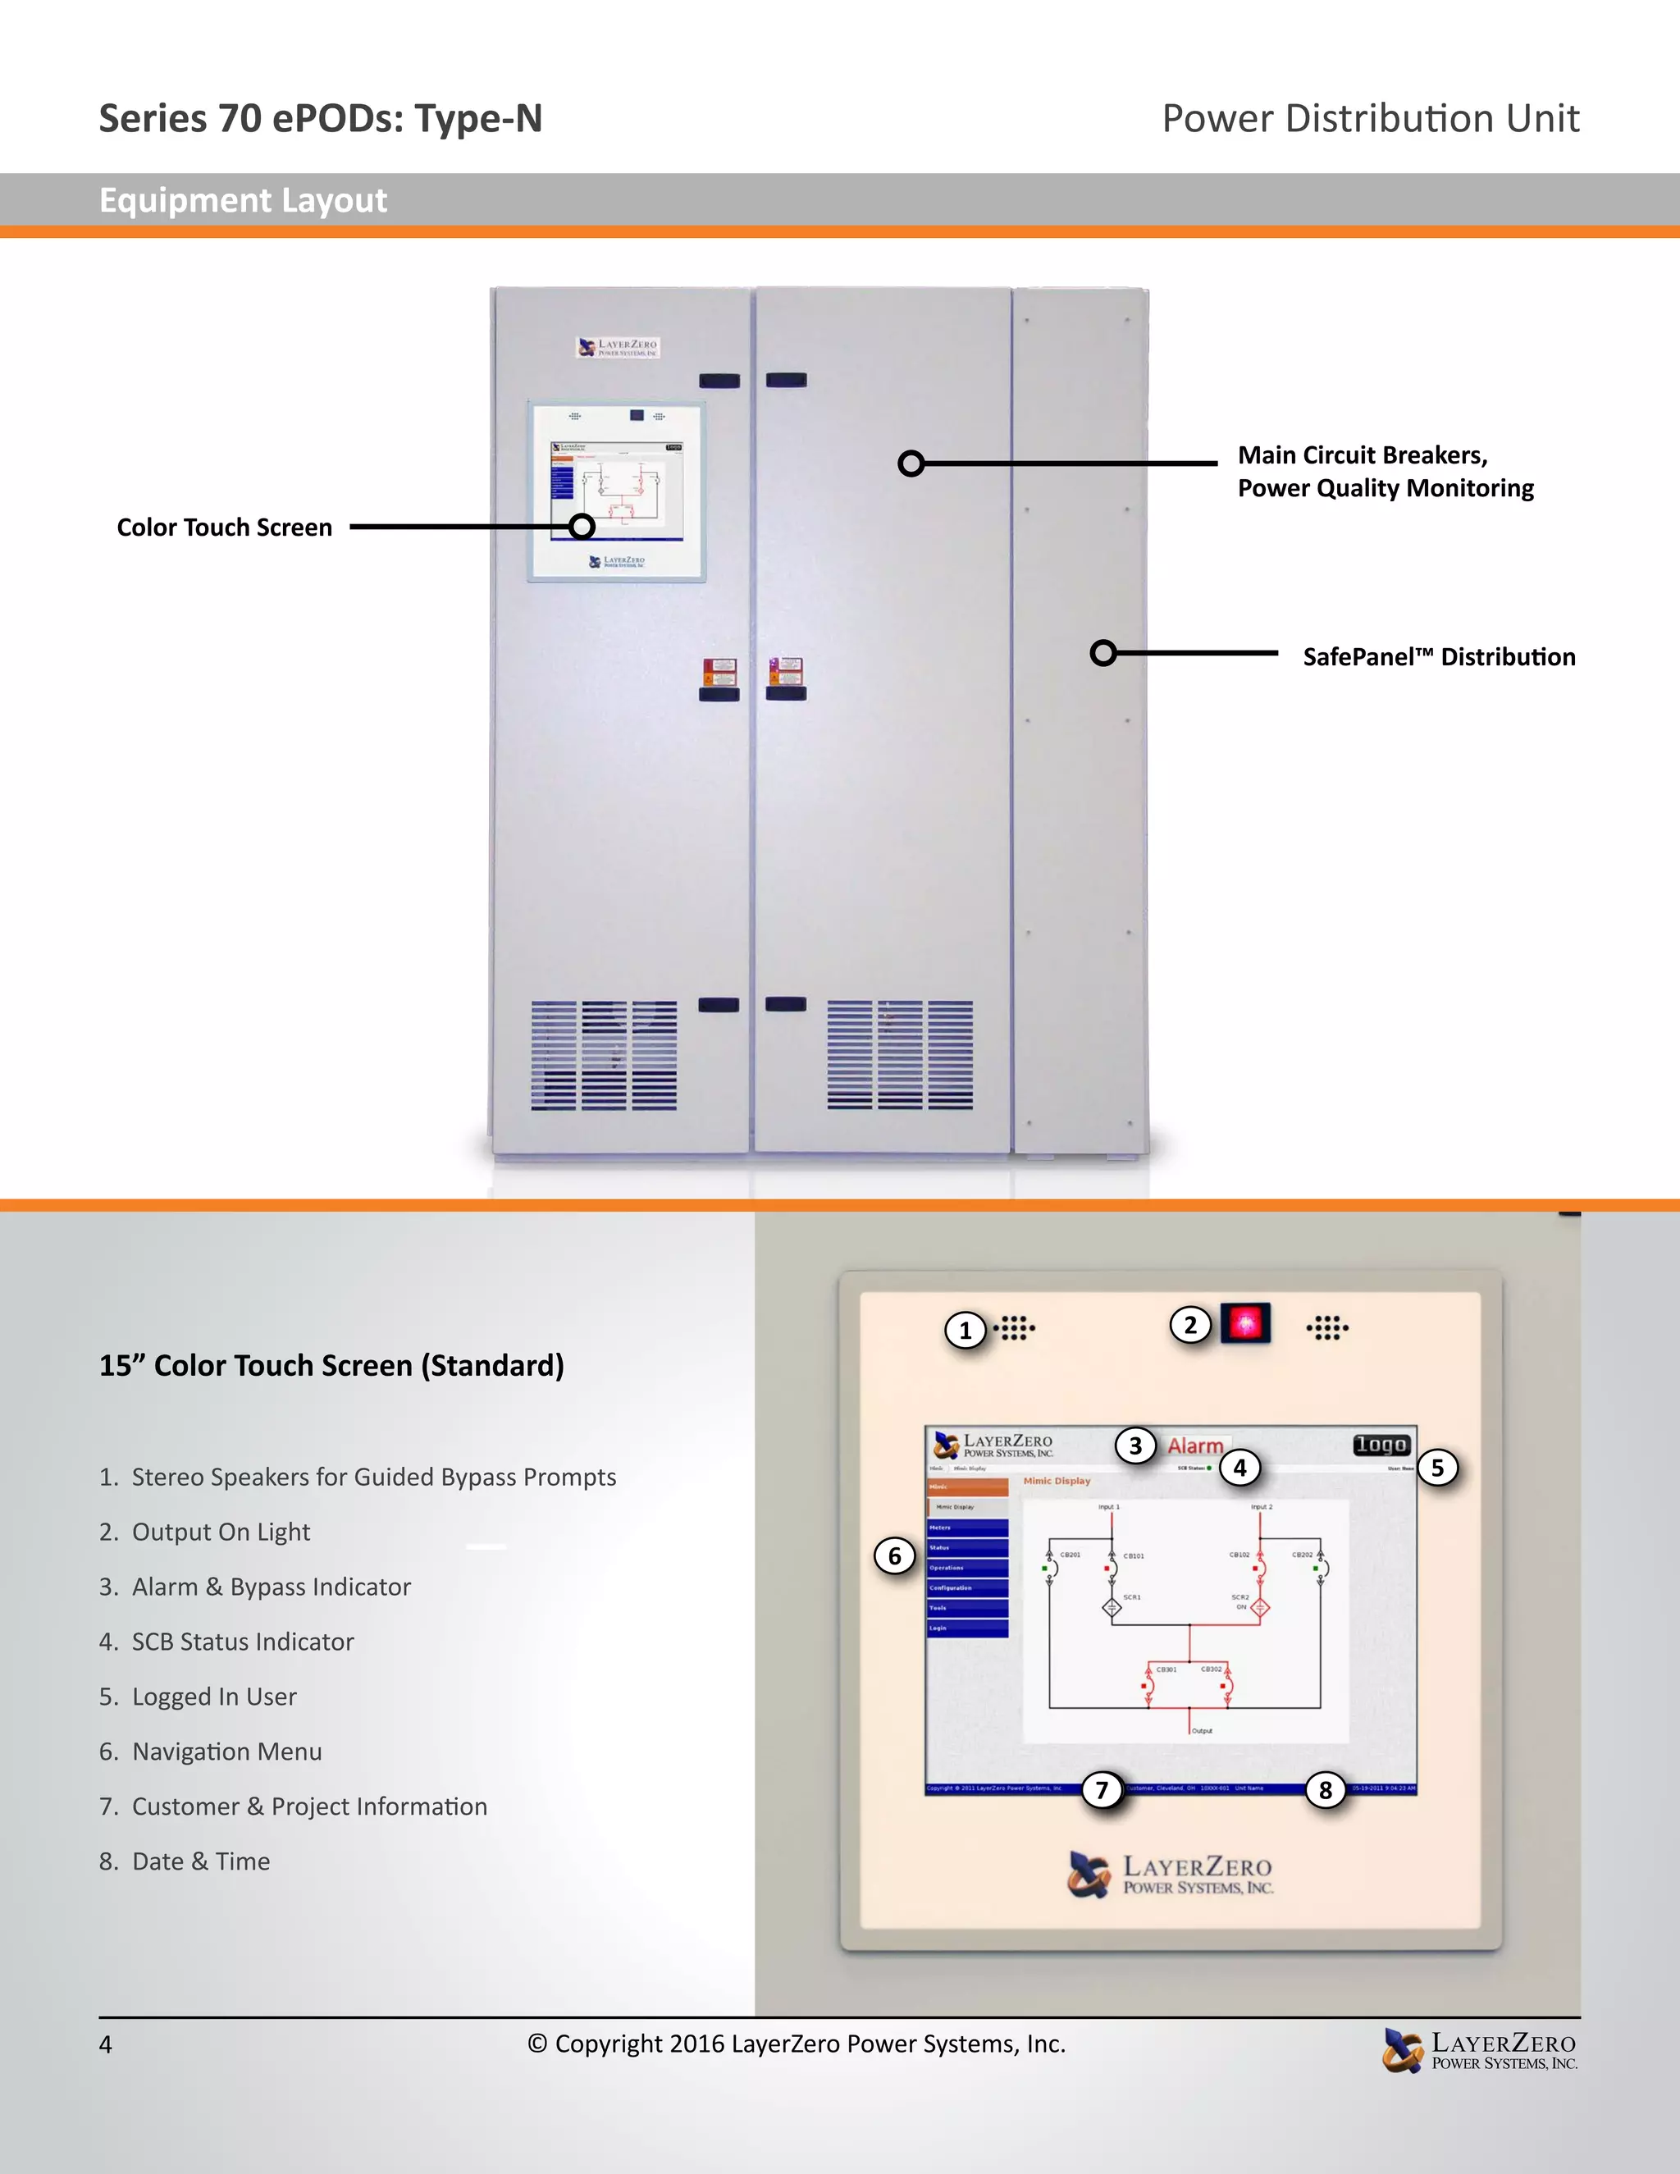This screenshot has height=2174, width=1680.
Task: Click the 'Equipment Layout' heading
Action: [x=243, y=200]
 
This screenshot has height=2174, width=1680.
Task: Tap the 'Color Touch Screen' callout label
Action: [x=224, y=528]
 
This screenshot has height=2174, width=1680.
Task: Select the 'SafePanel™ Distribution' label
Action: [x=1438, y=657]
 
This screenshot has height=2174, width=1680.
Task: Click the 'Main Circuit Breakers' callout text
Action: [x=1363, y=455]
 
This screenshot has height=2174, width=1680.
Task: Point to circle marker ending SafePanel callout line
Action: [x=1102, y=653]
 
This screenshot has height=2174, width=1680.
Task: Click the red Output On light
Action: [x=1245, y=1323]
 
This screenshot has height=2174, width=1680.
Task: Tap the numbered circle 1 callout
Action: [x=965, y=1330]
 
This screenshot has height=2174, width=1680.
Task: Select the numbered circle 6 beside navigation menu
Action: [x=894, y=1555]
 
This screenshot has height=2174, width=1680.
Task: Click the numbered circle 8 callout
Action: [x=1325, y=1790]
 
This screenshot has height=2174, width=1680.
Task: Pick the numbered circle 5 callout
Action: [x=1436, y=1468]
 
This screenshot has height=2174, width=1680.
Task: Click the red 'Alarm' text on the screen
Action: [x=1195, y=1446]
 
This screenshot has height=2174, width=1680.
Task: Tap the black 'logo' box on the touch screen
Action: [x=1381, y=1445]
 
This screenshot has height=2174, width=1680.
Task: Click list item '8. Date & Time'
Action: [x=185, y=1861]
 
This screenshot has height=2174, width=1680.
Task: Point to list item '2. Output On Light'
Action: [x=205, y=1532]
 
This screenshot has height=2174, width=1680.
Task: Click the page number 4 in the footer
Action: [x=106, y=2044]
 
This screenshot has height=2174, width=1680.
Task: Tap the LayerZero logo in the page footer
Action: [x=1479, y=2051]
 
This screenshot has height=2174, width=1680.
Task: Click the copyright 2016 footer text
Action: [x=797, y=2044]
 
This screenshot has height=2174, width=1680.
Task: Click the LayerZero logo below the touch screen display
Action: [x=1171, y=1875]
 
